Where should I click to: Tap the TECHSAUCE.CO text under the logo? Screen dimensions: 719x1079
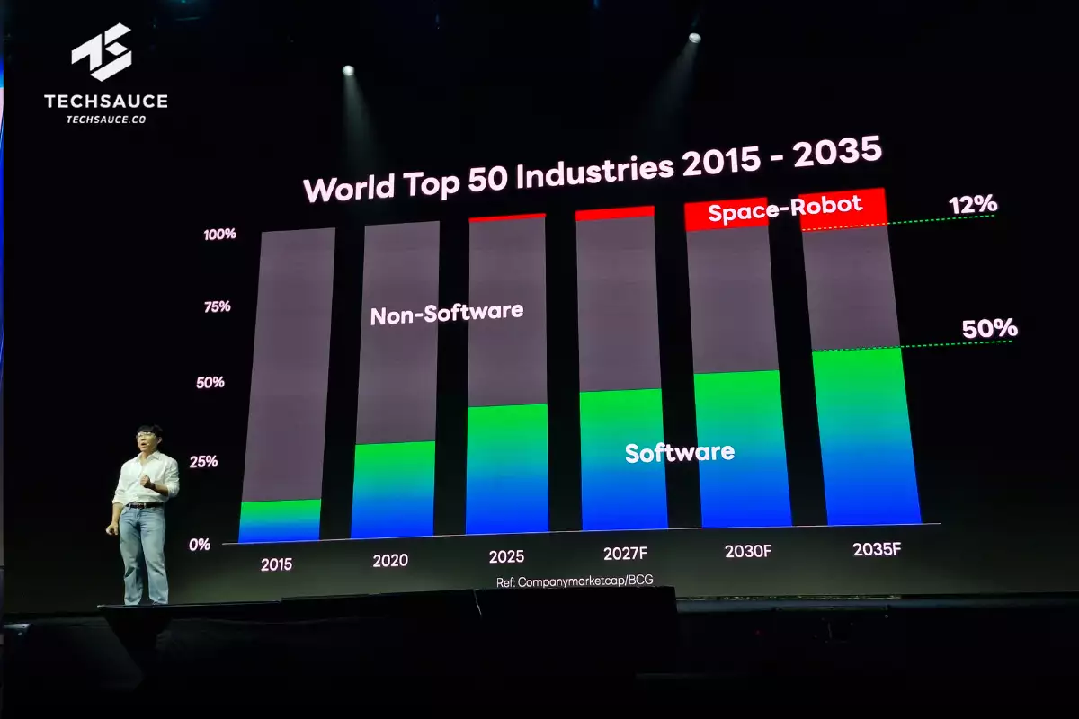coord(106,120)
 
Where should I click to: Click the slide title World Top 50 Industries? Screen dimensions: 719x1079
coord(593,173)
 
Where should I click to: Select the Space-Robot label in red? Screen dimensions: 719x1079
coord(784,209)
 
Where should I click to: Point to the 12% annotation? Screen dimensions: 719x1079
coord(972,204)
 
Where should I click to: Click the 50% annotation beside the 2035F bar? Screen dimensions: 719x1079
coord(989,329)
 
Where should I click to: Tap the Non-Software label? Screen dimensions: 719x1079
coord(446,314)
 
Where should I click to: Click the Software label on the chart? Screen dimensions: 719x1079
coord(679,451)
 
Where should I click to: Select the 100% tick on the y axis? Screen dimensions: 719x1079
coord(220,235)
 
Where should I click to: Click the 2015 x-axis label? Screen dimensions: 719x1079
coord(276,565)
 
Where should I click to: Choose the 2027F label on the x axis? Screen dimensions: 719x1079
coord(622,555)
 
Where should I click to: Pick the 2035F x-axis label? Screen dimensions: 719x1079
coord(877,548)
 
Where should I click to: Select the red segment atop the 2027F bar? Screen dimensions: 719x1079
coord(614,213)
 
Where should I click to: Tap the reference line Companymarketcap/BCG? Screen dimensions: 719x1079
coord(575,581)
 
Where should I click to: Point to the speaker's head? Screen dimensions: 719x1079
coord(148,439)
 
